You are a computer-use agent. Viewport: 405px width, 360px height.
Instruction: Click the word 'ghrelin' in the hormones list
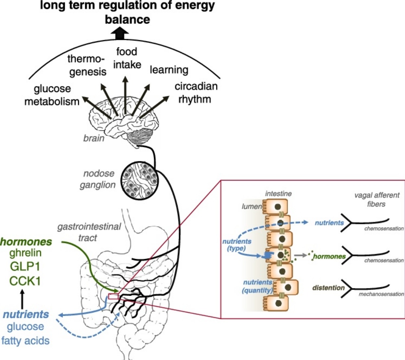click(x=26, y=253)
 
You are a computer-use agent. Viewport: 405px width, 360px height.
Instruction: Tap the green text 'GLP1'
click(x=25, y=267)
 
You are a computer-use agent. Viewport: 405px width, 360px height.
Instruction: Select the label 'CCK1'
click(x=25, y=281)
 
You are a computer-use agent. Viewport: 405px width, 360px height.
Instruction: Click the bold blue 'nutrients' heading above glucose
click(x=26, y=314)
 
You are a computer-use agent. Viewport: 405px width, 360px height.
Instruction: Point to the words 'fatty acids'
click(x=26, y=340)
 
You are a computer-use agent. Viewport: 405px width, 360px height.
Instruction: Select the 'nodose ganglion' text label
click(x=98, y=179)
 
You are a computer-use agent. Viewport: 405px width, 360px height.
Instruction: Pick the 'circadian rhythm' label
click(x=196, y=93)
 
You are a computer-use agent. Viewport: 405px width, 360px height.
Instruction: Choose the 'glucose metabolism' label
click(x=52, y=95)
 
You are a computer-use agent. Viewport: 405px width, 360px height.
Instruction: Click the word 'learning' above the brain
click(x=169, y=70)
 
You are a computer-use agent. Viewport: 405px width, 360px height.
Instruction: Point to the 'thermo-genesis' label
click(x=87, y=65)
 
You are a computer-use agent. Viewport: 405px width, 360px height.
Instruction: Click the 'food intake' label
click(x=127, y=58)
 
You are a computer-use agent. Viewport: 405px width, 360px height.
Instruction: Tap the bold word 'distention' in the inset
click(x=328, y=287)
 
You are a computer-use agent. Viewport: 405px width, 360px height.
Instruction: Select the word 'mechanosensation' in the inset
click(x=381, y=294)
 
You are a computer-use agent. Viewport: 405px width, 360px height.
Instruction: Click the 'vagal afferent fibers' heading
click(x=376, y=199)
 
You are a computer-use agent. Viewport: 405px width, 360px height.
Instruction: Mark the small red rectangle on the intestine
click(x=113, y=296)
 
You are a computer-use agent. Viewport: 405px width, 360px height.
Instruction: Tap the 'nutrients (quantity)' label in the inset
click(x=258, y=286)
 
